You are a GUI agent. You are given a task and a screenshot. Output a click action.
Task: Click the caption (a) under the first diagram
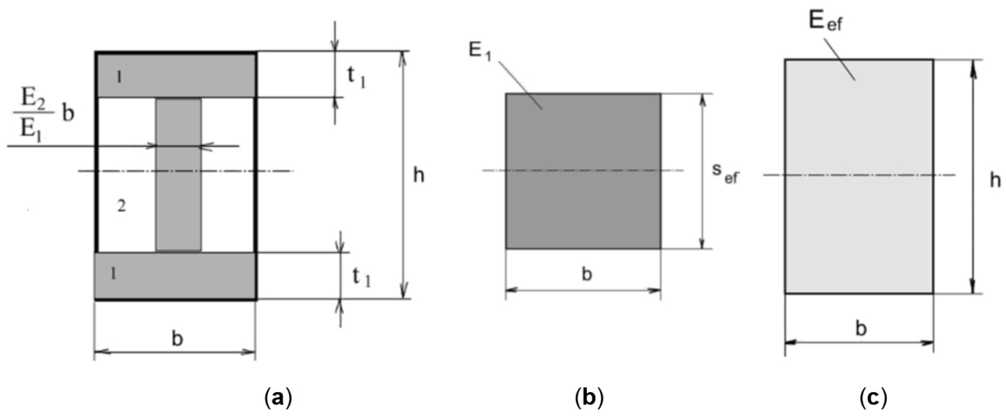click(278, 398)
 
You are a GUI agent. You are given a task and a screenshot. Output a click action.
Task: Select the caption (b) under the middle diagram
click(589, 398)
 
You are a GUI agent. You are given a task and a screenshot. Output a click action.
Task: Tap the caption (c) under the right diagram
click(874, 398)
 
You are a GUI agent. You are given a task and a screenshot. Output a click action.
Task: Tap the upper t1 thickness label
click(356, 78)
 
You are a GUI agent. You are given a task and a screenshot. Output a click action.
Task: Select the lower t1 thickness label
click(361, 278)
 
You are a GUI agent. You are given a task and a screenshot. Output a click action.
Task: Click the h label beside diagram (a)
click(419, 176)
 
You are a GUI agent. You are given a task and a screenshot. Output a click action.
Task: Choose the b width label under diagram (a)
click(177, 339)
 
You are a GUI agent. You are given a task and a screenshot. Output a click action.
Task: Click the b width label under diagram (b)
click(587, 274)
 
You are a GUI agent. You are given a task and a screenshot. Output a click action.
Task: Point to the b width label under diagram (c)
click(861, 329)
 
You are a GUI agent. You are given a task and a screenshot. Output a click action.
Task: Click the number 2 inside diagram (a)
click(121, 206)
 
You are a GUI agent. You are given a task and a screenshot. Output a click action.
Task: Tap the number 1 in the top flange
click(119, 78)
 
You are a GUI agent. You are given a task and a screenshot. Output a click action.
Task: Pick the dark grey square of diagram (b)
click(583, 203)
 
